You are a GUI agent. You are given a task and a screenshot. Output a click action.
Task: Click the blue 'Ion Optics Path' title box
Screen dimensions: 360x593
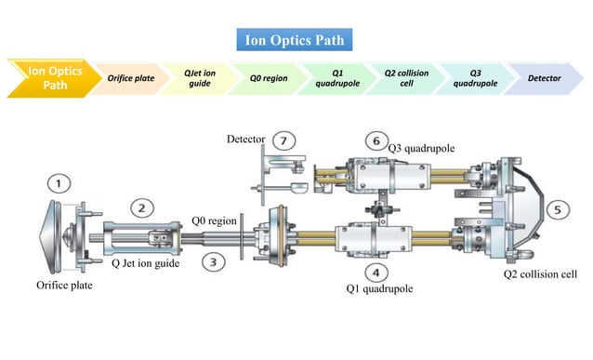tap(295, 40)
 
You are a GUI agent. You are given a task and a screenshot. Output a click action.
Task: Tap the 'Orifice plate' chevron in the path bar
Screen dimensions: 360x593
tap(130, 78)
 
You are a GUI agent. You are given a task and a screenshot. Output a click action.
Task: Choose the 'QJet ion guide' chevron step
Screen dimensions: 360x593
tap(197, 78)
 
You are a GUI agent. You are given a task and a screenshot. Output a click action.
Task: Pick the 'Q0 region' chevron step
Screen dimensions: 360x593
tap(268, 78)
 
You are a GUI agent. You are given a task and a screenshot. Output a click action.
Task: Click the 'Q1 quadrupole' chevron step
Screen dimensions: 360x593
tap(334, 78)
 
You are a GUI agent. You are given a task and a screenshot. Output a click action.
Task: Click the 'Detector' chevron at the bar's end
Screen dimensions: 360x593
tap(544, 78)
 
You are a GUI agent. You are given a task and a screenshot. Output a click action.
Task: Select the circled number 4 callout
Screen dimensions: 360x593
tap(376, 273)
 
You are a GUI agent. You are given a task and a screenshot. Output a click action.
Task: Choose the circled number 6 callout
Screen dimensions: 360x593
tap(376, 140)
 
